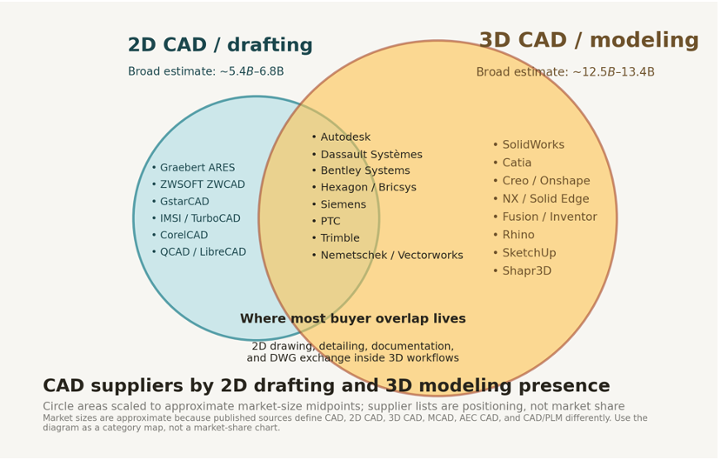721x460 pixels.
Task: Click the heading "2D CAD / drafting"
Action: point(220,45)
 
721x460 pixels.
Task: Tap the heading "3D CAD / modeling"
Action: point(589,40)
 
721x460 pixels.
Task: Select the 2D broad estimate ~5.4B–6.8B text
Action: point(206,71)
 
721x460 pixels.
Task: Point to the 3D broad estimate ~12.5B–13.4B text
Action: point(565,72)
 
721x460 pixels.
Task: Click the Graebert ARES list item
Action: point(197,168)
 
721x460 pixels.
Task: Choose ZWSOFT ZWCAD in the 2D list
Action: point(203,184)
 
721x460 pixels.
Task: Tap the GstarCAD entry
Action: point(184,202)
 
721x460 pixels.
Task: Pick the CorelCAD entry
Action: point(184,236)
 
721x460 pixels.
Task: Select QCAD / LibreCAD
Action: point(203,252)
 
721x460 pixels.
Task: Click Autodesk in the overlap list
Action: point(345,137)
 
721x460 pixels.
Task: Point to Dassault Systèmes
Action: point(371,155)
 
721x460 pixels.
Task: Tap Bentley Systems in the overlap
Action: point(365,170)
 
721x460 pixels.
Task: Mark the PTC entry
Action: point(330,222)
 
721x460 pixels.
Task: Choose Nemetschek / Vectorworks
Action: point(391,255)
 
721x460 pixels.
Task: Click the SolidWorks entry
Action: point(533,144)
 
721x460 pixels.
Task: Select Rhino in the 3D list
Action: point(518,235)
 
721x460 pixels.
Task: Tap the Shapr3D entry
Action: point(526,271)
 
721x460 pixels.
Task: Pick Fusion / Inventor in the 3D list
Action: point(550,217)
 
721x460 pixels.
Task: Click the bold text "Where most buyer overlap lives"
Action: point(353,318)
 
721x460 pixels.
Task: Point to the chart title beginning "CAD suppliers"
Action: point(326,386)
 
